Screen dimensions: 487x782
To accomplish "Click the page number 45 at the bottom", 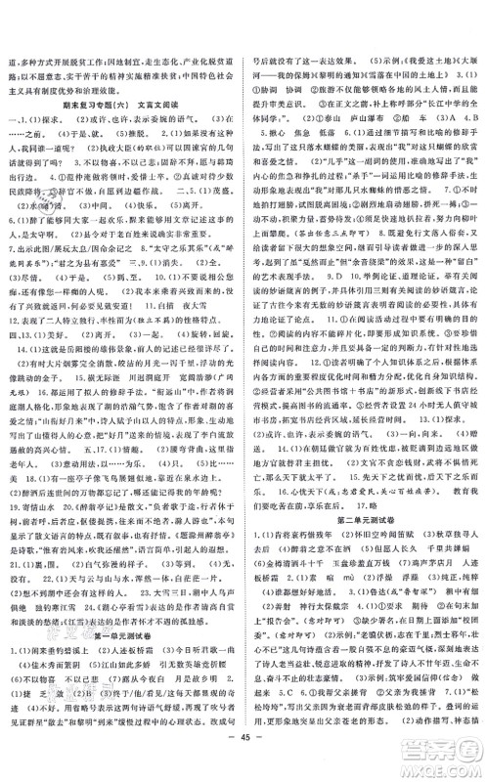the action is tap(243, 763).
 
